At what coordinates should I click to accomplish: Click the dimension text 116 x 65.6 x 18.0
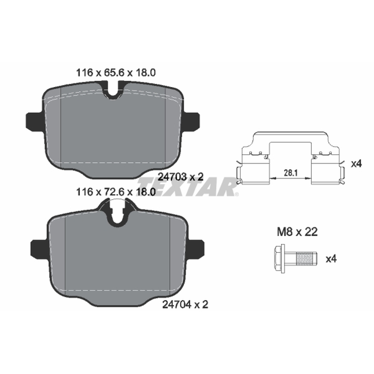click(115, 72)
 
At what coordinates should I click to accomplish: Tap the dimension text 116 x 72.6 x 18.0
click(115, 192)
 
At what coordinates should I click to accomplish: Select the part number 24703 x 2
click(181, 177)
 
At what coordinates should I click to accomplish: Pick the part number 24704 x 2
click(185, 304)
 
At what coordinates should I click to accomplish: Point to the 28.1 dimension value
click(290, 173)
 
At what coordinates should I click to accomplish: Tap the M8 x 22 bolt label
click(297, 232)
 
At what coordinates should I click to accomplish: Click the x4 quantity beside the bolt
click(331, 259)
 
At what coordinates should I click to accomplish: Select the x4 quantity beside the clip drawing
click(356, 164)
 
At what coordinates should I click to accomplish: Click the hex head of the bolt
click(279, 259)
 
